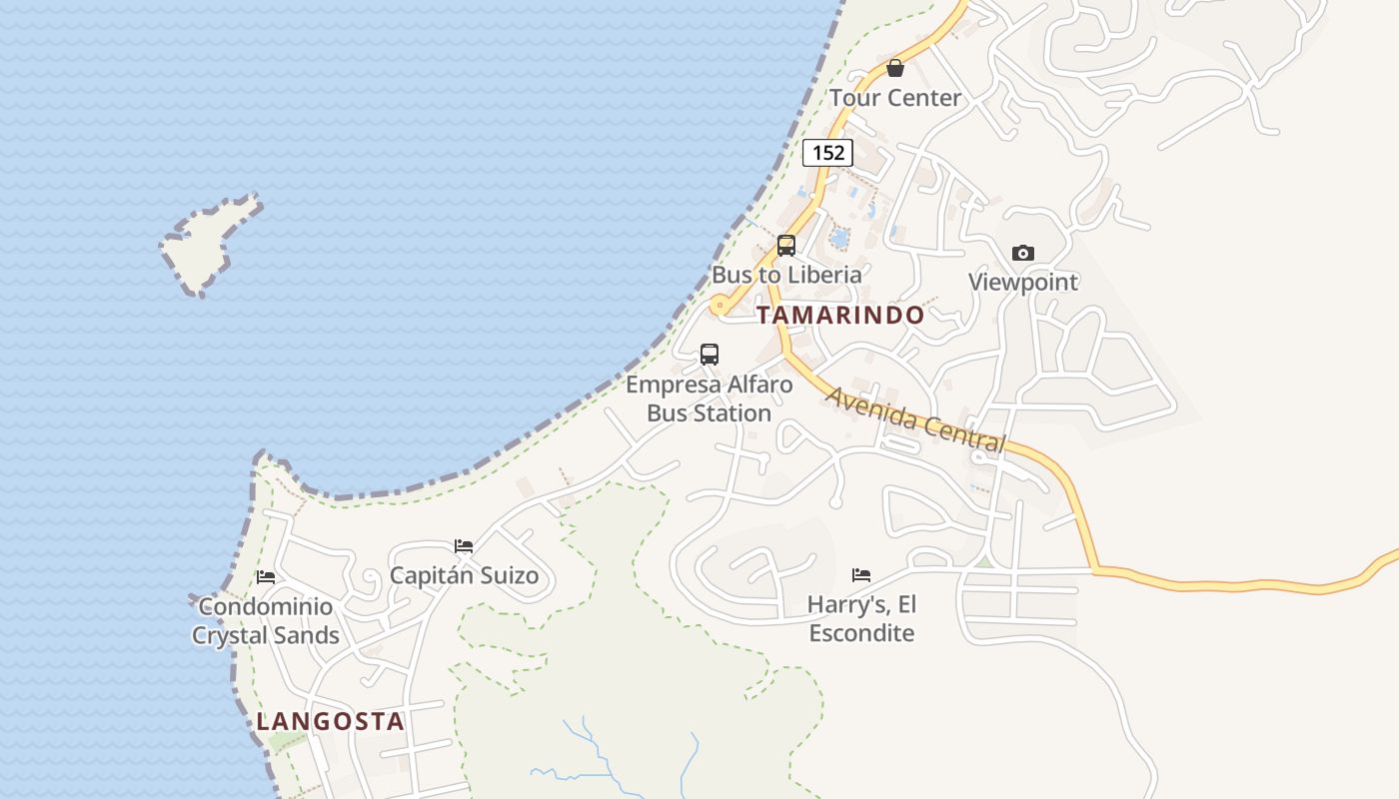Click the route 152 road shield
[x=827, y=153]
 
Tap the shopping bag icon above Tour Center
[x=895, y=68]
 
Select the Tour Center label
[x=895, y=98]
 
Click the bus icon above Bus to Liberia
[x=786, y=245]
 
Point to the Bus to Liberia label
[x=786, y=274]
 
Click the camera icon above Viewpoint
[x=1022, y=253]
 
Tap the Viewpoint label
[x=1023, y=282]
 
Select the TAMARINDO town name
[x=840, y=316]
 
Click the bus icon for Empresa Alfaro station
[x=709, y=354]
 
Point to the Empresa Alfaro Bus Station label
[x=709, y=399]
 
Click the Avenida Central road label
[x=915, y=418]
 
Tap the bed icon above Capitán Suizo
[x=464, y=546]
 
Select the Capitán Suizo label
[x=464, y=575]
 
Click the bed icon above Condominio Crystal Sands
[x=266, y=577]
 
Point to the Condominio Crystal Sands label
[x=266, y=620]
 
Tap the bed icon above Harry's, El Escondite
[x=861, y=574]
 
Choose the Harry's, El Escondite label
[x=861, y=618]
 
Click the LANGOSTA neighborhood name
[x=330, y=721]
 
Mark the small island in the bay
[x=208, y=243]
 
